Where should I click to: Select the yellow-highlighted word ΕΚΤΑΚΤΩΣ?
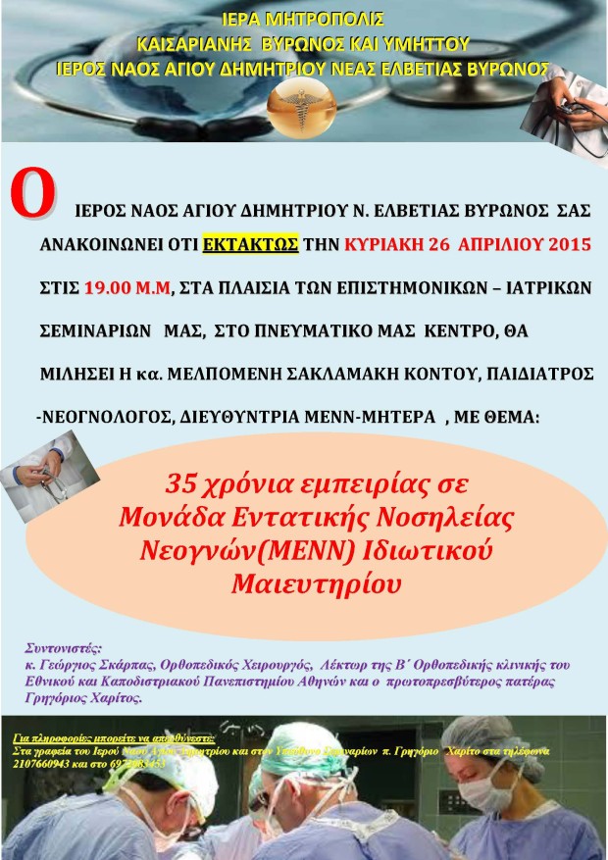pos(250,244)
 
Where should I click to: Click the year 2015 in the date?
pos(566,244)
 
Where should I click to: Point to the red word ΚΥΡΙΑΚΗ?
pos(384,244)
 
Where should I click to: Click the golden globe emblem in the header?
pos(304,102)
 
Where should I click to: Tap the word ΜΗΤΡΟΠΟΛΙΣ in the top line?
pos(331,19)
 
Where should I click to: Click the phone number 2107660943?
pos(45,762)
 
